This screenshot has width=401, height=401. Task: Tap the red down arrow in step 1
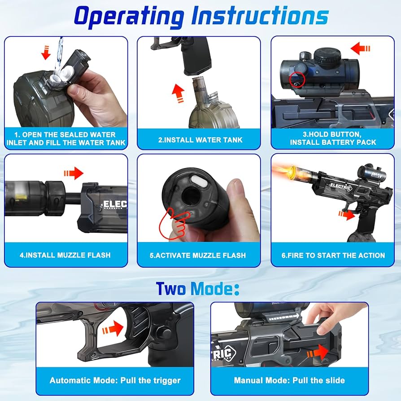[x=46, y=52]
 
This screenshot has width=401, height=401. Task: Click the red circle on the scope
[x=297, y=79]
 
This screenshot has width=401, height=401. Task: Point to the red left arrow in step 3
[x=360, y=48]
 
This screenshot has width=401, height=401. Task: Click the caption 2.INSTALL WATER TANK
[x=200, y=140]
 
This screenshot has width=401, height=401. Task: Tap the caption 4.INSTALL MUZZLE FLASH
[x=65, y=255]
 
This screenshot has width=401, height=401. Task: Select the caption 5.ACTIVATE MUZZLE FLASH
[x=198, y=255]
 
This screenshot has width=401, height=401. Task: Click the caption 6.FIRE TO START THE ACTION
[x=333, y=255]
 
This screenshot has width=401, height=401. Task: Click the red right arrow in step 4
[x=74, y=173]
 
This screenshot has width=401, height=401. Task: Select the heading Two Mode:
[x=197, y=288]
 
